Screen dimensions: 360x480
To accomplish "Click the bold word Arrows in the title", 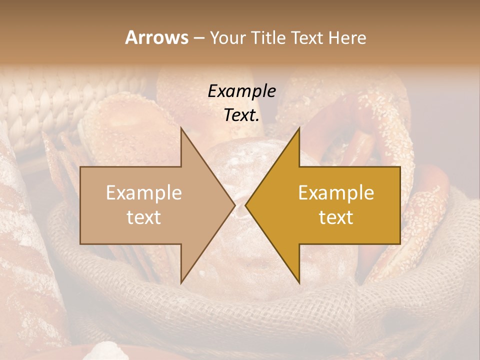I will point(156,37).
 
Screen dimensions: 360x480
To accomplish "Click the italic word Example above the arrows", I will point(241,91).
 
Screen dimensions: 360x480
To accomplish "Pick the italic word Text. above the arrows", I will point(241,115).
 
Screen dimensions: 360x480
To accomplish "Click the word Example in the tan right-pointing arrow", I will point(143,192).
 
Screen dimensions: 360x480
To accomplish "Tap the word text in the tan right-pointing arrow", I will point(143,217).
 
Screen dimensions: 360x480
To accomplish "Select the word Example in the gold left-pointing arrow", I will point(336,192).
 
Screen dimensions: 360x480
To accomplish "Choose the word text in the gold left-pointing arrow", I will point(336,217).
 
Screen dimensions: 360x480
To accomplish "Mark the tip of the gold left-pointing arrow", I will point(246,205).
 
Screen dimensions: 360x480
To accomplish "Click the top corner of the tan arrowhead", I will point(181,128).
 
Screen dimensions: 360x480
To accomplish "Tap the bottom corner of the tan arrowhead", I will point(181,282).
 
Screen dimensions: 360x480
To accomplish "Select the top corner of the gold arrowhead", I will point(299,128).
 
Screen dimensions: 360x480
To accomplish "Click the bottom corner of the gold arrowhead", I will point(299,282).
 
